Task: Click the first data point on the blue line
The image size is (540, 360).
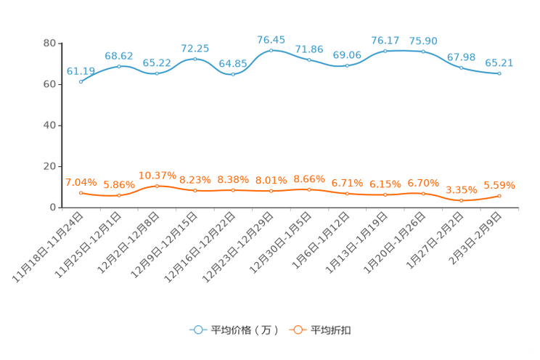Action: click(81, 81)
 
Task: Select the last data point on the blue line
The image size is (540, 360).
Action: click(499, 73)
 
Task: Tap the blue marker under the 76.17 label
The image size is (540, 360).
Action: click(385, 51)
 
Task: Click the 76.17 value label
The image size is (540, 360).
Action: click(385, 40)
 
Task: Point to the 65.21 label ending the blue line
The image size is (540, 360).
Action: click(499, 62)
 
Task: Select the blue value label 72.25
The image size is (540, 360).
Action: click(195, 48)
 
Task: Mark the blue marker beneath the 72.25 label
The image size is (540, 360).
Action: click(195, 58)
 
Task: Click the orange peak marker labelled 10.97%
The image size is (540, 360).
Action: click(157, 186)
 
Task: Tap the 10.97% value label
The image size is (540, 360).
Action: click(157, 175)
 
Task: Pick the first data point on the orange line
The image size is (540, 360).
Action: click(81, 193)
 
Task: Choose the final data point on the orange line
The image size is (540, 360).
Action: click(499, 196)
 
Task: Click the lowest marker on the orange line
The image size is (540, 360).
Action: click(461, 200)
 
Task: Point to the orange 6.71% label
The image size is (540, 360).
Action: click(347, 183)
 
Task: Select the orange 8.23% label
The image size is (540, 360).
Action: click(195, 179)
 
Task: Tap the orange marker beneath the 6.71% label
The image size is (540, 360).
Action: click(347, 194)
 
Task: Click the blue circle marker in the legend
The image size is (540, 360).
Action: click(197, 330)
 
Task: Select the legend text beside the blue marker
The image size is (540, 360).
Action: click(243, 330)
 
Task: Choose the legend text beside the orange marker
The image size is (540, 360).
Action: click(331, 330)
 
